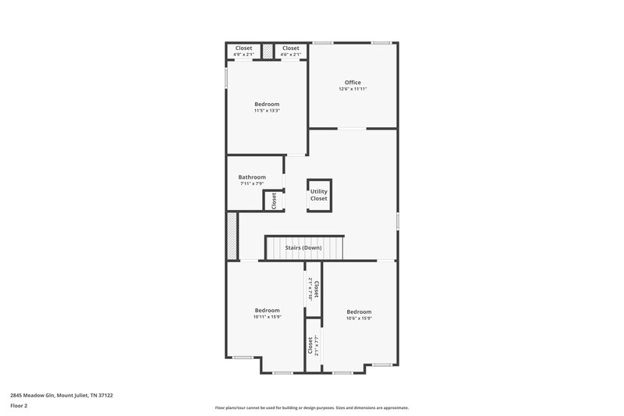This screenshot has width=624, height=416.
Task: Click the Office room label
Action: coord(353,82)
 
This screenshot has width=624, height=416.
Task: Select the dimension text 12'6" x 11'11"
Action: coord(353,89)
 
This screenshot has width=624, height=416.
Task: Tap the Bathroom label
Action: coord(252,177)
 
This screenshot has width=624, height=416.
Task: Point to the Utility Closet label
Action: coord(319,195)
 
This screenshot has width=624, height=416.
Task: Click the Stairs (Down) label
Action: coord(303,247)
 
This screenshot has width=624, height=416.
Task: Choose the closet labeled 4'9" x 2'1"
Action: coord(244,52)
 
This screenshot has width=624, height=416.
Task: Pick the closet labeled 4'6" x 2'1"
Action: coord(291,52)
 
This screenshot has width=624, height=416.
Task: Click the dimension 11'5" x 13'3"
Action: coord(267,111)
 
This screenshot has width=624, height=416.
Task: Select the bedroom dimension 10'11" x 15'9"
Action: coord(267,317)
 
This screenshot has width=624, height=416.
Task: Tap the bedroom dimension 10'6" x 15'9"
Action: coord(359,318)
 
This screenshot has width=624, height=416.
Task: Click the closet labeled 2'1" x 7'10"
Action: coord(314,290)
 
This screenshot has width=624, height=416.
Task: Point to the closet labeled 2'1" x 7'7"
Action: coord(313,344)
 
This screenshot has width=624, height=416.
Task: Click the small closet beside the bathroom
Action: coord(274,201)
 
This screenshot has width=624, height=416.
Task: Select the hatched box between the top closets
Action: coord(268,52)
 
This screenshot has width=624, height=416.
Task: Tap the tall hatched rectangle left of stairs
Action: coord(232,236)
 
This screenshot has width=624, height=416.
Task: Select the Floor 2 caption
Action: coord(19,406)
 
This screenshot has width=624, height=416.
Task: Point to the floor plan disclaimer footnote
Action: coord(311,407)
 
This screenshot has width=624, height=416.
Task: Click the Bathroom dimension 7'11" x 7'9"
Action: coord(252,184)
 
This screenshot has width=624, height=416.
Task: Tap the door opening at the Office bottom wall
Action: coord(352,128)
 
